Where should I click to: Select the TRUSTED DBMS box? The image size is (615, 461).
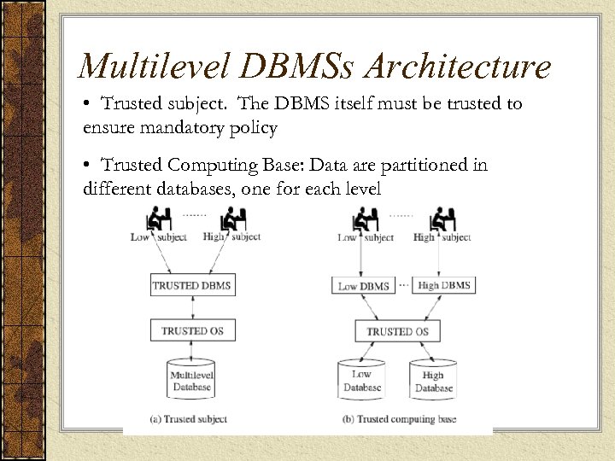(191, 285)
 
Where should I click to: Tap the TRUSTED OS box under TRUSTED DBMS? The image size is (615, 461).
(191, 330)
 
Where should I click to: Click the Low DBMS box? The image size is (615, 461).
(364, 286)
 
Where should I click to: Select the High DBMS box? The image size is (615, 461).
(443, 285)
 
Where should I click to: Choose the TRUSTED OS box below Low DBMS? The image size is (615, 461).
(397, 331)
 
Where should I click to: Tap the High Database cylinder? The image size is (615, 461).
(434, 382)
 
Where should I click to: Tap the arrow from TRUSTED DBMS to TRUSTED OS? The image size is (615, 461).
(191, 307)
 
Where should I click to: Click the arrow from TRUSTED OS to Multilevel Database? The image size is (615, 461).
(191, 349)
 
